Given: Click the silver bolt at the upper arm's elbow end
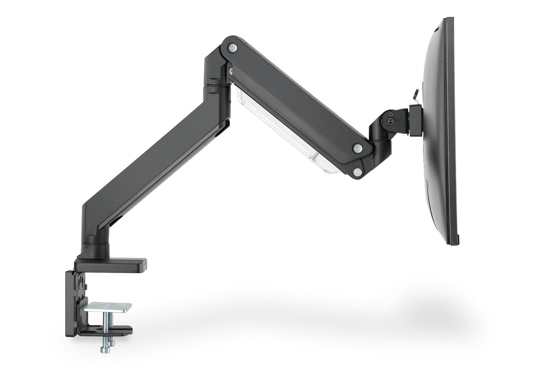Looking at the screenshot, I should [233, 47].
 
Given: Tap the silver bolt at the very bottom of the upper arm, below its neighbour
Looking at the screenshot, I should [357, 172].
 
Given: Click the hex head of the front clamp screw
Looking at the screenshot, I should [105, 349].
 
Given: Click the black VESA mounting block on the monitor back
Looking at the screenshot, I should [416, 120].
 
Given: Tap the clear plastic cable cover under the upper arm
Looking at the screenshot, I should [285, 133].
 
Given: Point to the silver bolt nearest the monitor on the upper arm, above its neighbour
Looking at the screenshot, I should [357, 148].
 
